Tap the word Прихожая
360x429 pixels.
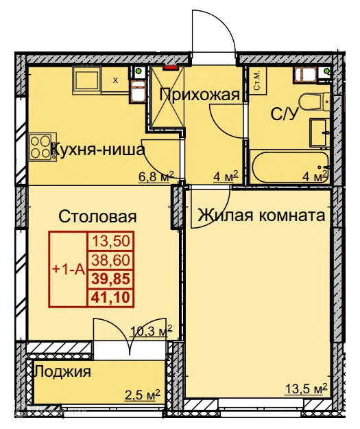(200, 95)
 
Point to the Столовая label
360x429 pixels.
(97, 217)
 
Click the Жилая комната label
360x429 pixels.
(261, 216)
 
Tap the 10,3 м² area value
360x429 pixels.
(151, 332)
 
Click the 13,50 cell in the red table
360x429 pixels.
(110, 242)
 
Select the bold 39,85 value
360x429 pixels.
(110, 279)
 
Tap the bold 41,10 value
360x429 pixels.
(110, 297)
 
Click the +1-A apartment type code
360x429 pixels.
(67, 270)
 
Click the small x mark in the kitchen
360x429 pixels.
(115, 80)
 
